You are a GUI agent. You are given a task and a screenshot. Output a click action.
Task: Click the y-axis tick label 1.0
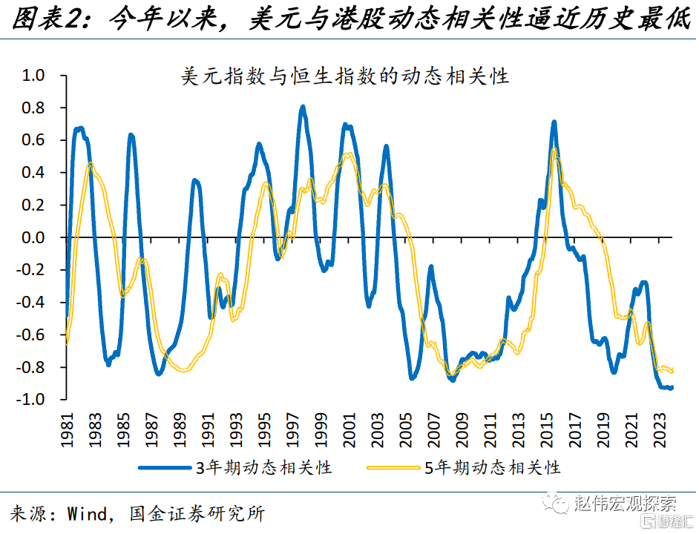pos(34,76)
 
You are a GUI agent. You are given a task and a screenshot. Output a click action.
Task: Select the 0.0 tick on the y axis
pos(34,238)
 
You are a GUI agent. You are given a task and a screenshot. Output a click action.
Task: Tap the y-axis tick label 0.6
pos(34,140)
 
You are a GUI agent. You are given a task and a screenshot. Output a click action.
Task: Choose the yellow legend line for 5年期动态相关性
pos(394,467)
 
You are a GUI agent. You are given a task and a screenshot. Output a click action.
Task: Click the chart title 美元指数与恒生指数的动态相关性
pos(345,76)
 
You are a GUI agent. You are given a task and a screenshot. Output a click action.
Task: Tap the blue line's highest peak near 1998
pos(303,108)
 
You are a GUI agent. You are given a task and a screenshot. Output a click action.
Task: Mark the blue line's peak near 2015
pos(554,122)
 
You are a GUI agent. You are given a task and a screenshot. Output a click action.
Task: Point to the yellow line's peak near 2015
pos(554,150)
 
